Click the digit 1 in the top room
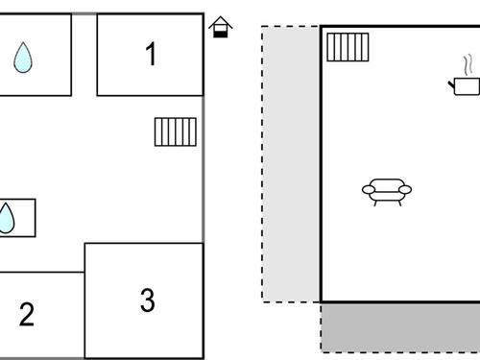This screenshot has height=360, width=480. (x=150, y=55)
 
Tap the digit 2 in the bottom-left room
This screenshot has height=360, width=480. (x=27, y=314)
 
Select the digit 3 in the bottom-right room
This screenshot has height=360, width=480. (x=147, y=300)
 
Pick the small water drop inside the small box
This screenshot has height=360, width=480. (x=6, y=219)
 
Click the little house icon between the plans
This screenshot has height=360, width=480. (x=221, y=27)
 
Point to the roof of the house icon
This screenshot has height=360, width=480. (x=221, y=21)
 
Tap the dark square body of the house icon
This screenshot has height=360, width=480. (x=221, y=32)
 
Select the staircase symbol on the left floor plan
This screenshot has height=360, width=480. (x=176, y=132)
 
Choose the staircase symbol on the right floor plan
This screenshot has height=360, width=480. (x=348, y=46)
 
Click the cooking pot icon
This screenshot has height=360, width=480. (x=466, y=86)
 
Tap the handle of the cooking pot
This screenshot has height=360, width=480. (x=450, y=84)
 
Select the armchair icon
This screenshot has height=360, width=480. (x=386, y=191)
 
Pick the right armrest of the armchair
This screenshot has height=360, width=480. (x=406, y=190)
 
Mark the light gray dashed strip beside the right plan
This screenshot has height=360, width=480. (x=291, y=163)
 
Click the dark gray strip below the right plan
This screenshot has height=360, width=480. (x=399, y=327)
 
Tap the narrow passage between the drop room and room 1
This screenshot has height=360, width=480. (x=84, y=55)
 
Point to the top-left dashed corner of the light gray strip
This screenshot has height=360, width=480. (x=263, y=27)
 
